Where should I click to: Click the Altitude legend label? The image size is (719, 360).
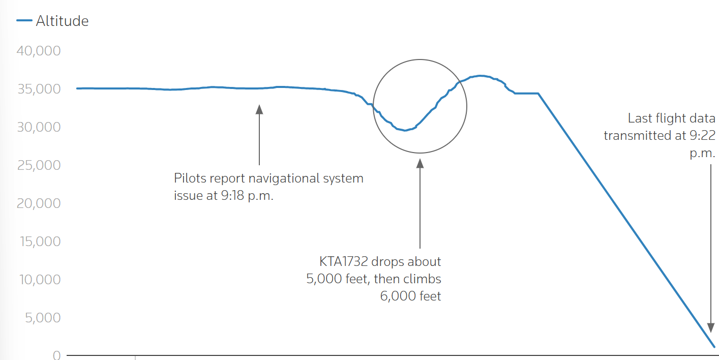tap(62, 21)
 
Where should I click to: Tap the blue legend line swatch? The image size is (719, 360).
tap(24, 20)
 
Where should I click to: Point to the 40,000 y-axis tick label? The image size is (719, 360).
tap(39, 51)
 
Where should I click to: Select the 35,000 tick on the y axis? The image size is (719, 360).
tap(39, 89)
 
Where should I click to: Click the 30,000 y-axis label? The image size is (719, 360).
tap(39, 127)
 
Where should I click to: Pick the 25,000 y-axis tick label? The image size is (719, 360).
tap(39, 165)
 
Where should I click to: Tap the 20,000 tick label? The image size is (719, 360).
tap(39, 203)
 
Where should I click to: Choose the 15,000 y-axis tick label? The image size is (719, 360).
tap(40, 242)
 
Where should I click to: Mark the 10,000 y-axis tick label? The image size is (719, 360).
tap(40, 280)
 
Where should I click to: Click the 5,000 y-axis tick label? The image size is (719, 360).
tap(43, 318)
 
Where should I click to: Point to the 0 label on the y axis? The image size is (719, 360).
tap(57, 355)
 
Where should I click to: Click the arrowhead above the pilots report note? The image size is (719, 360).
tap(259, 109)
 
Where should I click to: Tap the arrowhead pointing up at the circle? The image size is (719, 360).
tap(420, 163)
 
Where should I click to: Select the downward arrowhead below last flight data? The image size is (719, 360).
tap(711, 328)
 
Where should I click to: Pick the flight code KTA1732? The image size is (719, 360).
tap(343, 261)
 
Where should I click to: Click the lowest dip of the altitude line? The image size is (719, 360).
tap(405, 130)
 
